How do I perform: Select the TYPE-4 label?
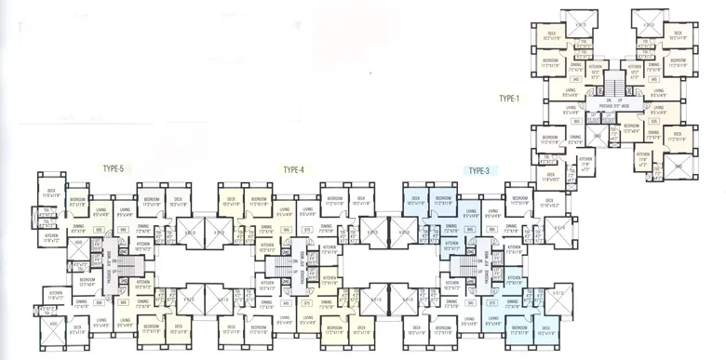click(x=295, y=170)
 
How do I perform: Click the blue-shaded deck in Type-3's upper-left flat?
click(x=416, y=204)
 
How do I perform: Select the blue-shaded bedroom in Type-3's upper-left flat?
click(x=443, y=204)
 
